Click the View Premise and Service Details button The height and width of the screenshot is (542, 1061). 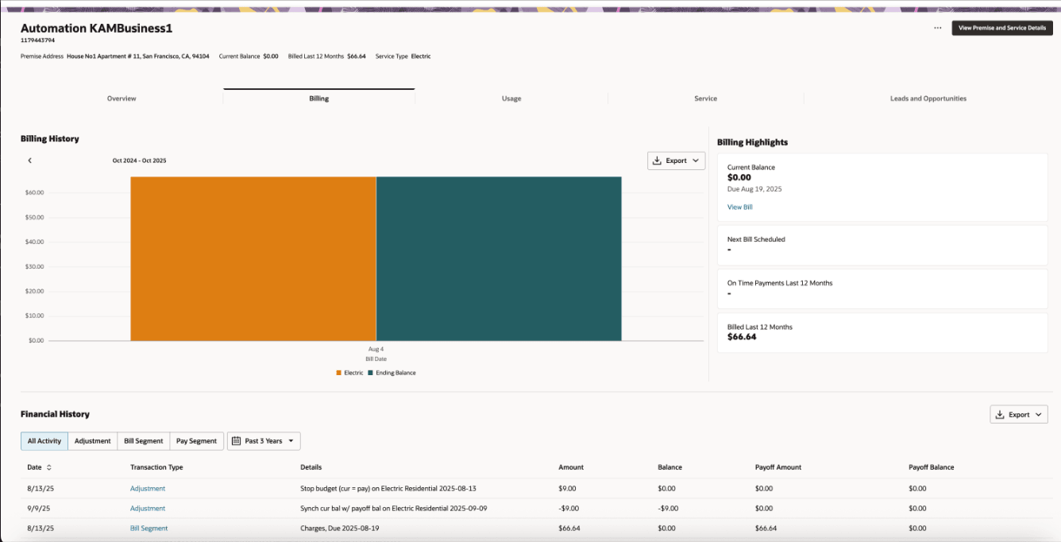[1002, 28]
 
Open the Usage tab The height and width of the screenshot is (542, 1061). [511, 99]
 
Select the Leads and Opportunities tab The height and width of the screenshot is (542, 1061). [928, 99]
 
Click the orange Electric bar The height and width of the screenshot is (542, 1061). [253, 258]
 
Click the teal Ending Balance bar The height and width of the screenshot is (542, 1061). [499, 258]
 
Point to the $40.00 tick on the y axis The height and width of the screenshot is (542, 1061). [34, 242]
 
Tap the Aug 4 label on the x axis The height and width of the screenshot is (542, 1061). [376, 349]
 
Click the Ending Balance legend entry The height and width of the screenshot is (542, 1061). [395, 373]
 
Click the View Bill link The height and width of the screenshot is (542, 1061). [739, 207]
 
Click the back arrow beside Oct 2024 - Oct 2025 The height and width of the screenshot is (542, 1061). [30, 161]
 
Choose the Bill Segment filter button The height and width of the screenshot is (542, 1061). [144, 441]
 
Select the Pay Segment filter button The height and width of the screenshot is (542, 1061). [196, 441]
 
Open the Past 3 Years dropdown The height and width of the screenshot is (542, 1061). [264, 441]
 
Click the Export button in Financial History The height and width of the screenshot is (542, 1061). [1019, 414]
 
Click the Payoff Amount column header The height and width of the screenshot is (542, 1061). [777, 467]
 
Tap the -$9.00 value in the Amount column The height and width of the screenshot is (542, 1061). [568, 509]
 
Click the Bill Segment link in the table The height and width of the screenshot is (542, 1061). [149, 528]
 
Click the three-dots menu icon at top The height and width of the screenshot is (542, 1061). [937, 28]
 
